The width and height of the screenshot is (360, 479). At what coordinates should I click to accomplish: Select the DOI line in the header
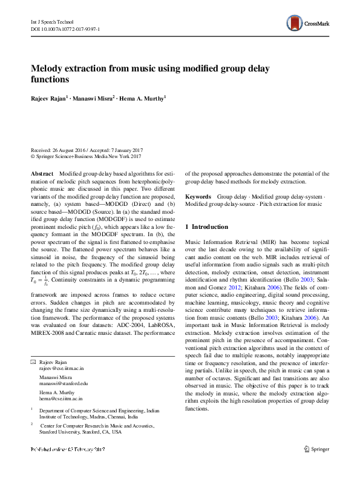coord(65,28)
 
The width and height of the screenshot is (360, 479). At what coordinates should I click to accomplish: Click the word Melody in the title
coord(50,68)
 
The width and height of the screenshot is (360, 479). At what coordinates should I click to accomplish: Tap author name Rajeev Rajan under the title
coord(50,97)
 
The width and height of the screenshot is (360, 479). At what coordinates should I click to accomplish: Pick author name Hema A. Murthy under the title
coord(143,97)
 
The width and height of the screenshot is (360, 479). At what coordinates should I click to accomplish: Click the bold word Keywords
coord(198,197)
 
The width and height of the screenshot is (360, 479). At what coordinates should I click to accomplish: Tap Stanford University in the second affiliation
coord(63,432)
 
